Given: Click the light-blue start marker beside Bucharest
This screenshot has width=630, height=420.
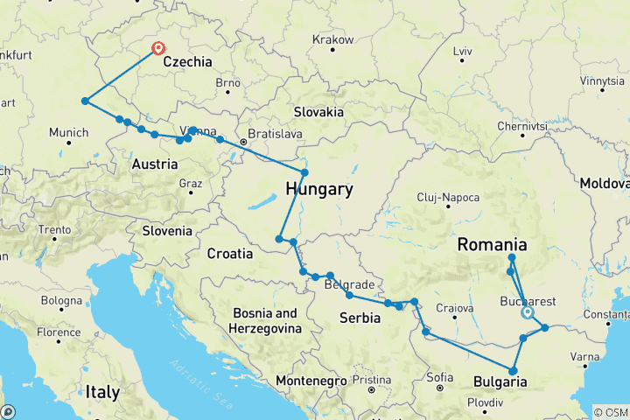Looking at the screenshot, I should [528, 312].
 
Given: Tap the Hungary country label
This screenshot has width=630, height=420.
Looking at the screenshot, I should [319, 189].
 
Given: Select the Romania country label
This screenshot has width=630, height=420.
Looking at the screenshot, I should [492, 245].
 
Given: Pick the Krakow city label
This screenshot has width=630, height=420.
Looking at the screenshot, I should [332, 40].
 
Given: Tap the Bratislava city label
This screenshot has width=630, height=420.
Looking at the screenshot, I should [274, 134].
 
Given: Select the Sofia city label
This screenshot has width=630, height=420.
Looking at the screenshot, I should [440, 377].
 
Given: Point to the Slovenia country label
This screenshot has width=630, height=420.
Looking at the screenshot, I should [167, 231].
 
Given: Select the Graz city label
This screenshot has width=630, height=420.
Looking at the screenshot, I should [190, 183].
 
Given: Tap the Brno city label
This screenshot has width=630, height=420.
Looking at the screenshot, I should [227, 82].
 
